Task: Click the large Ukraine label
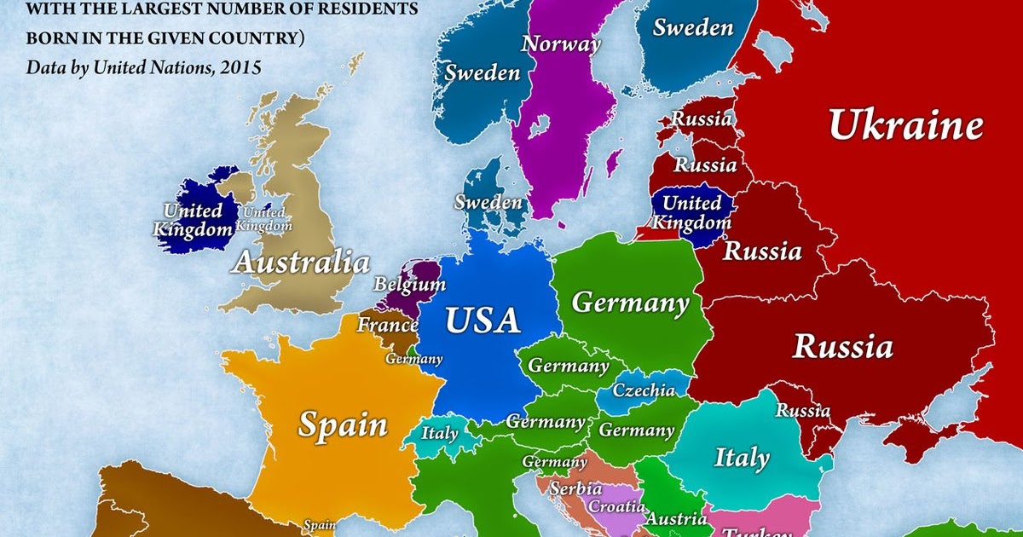click(905, 127)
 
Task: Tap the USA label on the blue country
click(483, 320)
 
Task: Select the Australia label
click(301, 262)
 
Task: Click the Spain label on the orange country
click(343, 424)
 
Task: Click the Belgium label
click(410, 284)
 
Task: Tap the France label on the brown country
click(387, 325)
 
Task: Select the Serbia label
click(575, 489)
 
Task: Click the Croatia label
click(616, 505)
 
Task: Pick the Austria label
click(675, 518)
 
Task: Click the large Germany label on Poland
click(630, 303)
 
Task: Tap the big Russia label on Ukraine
click(843, 347)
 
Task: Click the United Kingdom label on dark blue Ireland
click(193, 219)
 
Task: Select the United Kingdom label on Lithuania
click(691, 213)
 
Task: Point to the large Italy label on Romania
click(741, 458)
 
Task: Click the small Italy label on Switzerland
click(440, 433)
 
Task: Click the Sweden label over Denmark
click(488, 203)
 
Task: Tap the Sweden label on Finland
click(693, 28)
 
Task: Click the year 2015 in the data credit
click(238, 66)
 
